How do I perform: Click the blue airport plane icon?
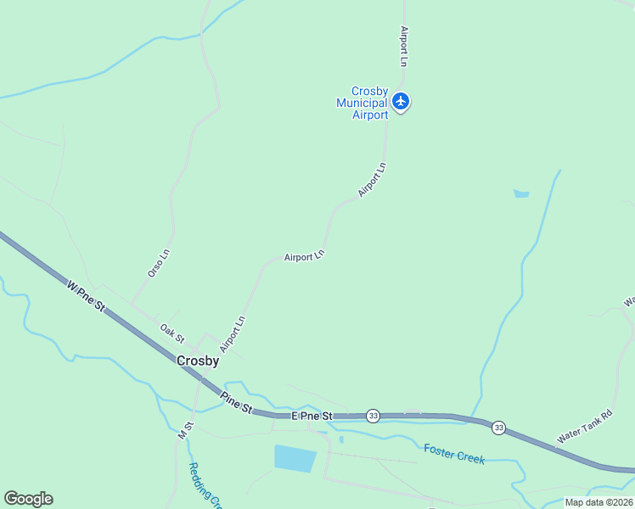tap(401, 102)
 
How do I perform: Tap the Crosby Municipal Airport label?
tap(362, 103)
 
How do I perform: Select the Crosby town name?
tap(198, 361)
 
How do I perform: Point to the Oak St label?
tap(171, 332)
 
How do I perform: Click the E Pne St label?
tap(312, 417)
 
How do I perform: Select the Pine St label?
tap(237, 402)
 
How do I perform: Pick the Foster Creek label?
tap(454, 454)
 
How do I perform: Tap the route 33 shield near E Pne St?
tap(373, 416)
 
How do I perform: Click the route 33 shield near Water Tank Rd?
tap(498, 428)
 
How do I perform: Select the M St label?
tap(186, 428)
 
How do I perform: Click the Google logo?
tap(28, 499)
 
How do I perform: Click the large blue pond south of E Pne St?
tap(295, 457)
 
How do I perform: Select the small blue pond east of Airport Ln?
tap(521, 193)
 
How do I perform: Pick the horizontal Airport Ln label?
tap(304, 256)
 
